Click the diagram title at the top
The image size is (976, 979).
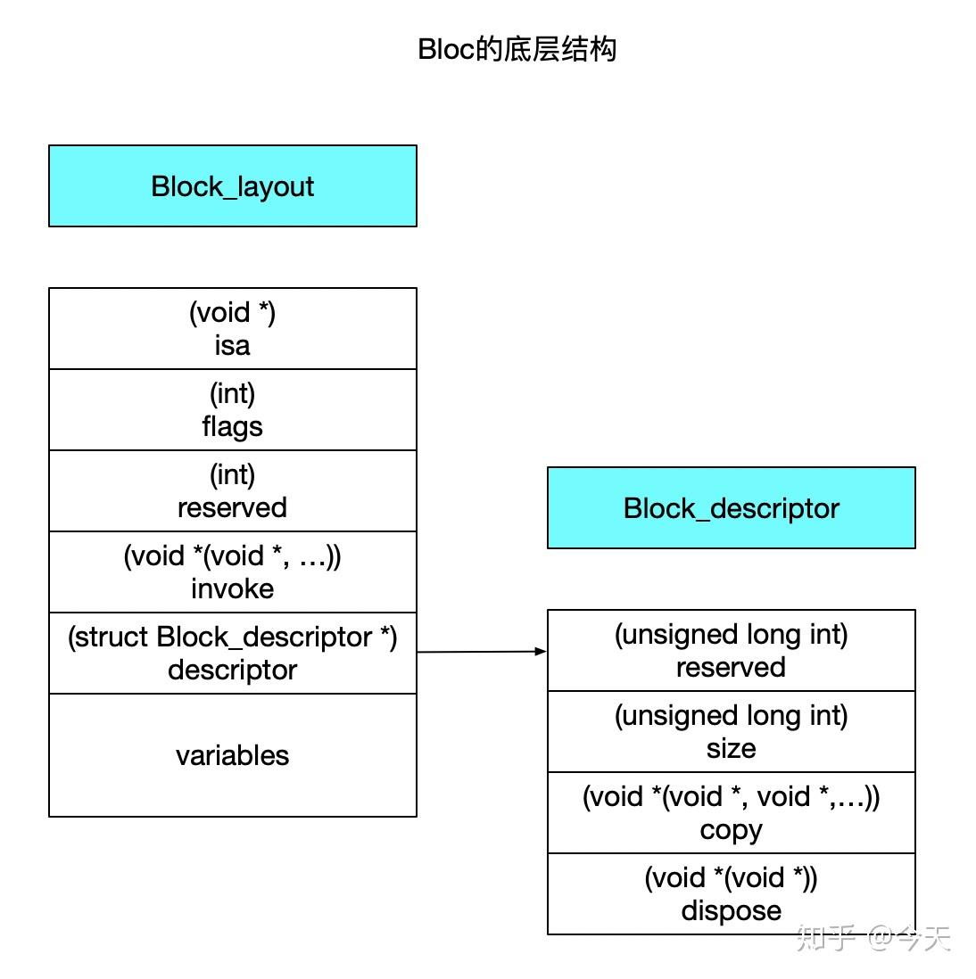tap(517, 49)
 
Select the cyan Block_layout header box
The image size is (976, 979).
tap(233, 185)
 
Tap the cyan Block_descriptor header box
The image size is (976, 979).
tap(731, 507)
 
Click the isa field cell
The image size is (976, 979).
tap(233, 329)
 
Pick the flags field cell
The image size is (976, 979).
tap(233, 410)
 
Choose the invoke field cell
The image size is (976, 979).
tap(233, 572)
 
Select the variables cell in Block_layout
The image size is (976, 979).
tap(233, 755)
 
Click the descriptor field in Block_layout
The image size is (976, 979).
tap(233, 654)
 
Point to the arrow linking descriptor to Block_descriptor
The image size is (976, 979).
tap(482, 652)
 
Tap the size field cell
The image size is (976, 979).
tap(731, 732)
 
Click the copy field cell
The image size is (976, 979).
tap(731, 813)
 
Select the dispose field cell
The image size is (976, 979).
tap(731, 894)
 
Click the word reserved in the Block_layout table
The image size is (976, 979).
tap(232, 507)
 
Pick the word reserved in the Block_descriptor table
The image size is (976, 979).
tap(731, 667)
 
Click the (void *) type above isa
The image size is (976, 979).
tap(232, 312)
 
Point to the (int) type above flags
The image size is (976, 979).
tap(232, 393)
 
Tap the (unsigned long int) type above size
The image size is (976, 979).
tap(731, 715)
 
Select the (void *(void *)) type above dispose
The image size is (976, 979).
tap(731, 877)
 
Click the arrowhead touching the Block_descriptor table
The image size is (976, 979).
tap(541, 651)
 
